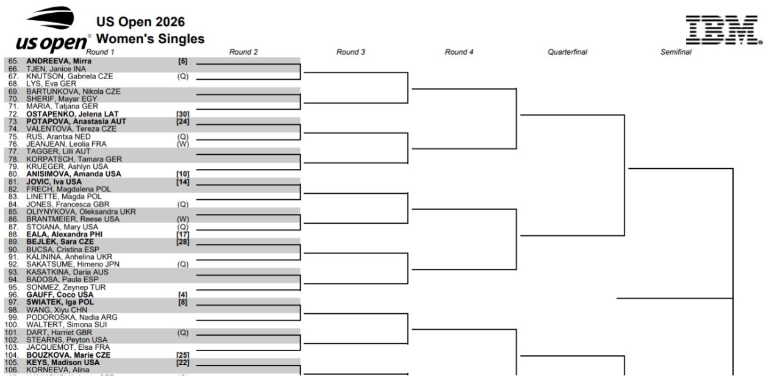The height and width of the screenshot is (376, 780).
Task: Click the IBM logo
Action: tap(724, 30)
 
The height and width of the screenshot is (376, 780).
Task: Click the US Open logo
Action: tap(53, 30)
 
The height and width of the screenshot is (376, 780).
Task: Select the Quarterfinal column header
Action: tap(567, 52)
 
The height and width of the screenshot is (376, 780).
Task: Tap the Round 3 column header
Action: tap(351, 52)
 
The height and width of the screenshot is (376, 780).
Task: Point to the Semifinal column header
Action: tap(676, 52)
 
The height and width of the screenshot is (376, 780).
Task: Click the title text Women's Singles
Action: tap(151, 38)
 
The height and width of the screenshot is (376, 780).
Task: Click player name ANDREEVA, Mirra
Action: tap(59, 61)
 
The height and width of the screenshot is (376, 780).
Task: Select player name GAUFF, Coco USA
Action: tap(60, 295)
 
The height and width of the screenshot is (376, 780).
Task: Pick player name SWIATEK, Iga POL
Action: tap(60, 302)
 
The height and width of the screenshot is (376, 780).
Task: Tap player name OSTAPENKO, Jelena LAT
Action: tap(73, 114)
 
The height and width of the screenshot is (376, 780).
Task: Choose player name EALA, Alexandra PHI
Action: tap(65, 235)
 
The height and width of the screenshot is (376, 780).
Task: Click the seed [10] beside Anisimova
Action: tap(183, 174)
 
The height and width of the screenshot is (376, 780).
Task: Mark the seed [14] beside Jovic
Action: tap(183, 182)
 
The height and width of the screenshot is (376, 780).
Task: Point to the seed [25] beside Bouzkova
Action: tap(183, 355)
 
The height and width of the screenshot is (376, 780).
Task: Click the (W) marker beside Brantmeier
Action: tap(183, 219)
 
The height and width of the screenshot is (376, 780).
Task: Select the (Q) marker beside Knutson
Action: tap(183, 77)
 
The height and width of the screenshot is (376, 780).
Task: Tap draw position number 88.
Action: tap(13, 235)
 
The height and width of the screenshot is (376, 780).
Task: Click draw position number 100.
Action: tap(12, 325)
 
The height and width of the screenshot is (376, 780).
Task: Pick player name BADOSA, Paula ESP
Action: tap(62, 280)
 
